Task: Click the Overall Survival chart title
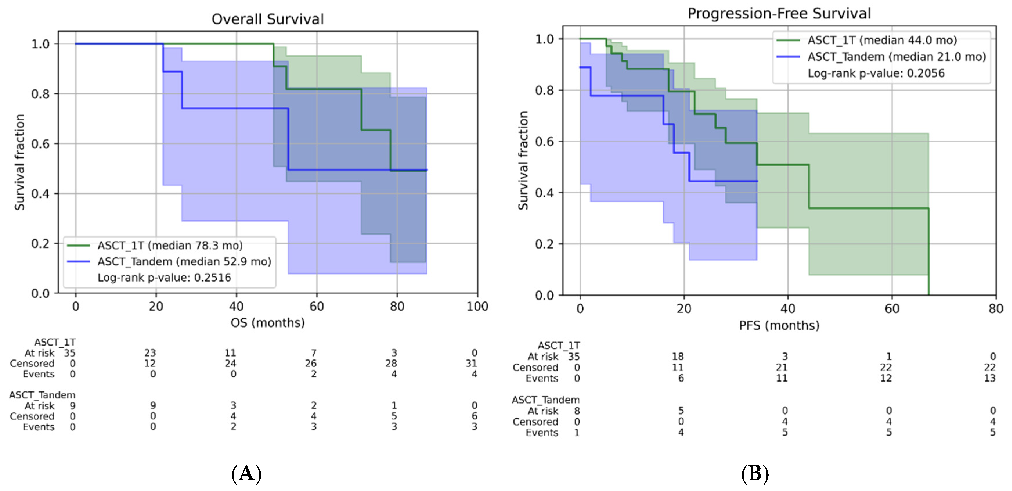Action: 268,19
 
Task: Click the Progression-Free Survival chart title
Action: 779,13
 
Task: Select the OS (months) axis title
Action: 268,323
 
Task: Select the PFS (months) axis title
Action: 779,325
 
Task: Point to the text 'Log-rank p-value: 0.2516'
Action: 164,278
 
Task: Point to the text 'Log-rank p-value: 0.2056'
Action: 876,73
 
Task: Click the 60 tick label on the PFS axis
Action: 892,309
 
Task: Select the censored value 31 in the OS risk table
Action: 471,364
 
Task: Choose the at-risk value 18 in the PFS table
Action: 678,357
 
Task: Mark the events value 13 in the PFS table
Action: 990,378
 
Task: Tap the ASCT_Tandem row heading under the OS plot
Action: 42,395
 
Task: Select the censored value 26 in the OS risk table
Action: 311,364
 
